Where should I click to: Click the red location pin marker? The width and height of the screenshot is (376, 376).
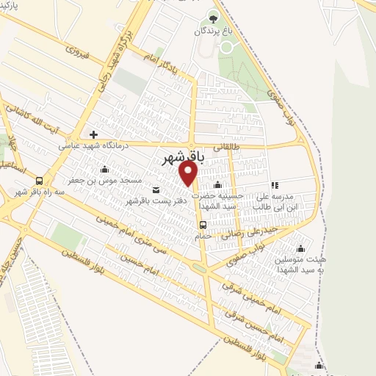point(189,173)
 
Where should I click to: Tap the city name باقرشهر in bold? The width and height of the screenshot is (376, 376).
point(181,157)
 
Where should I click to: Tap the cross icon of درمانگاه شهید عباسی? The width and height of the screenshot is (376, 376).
point(93,134)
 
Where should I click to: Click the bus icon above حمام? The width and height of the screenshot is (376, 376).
point(203,225)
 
